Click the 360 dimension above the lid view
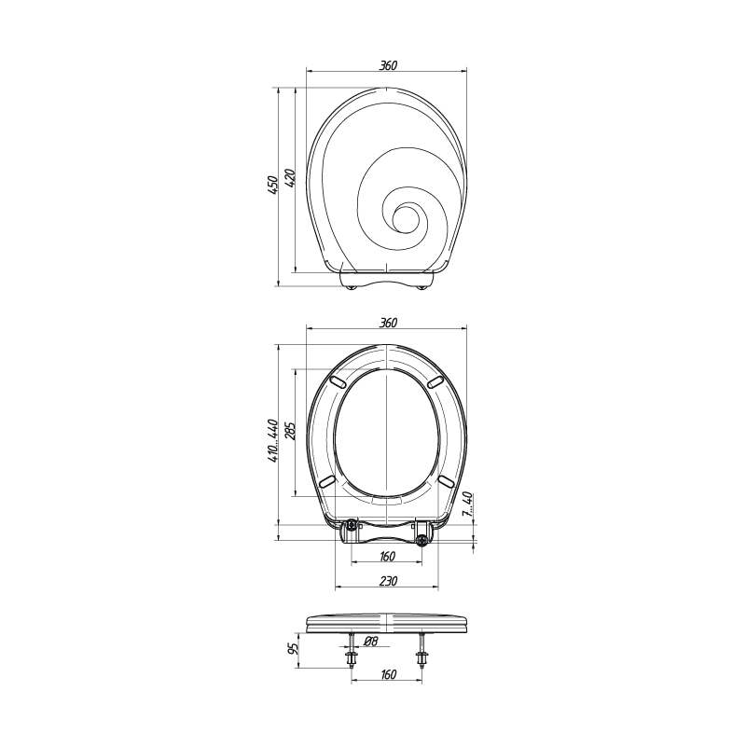(x=388, y=65)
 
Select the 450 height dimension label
(x=273, y=185)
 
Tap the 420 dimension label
(x=292, y=177)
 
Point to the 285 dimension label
(x=291, y=431)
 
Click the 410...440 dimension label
(x=272, y=441)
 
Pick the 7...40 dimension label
(x=467, y=505)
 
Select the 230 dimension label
(x=388, y=580)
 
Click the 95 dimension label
(x=294, y=647)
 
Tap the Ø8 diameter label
(x=370, y=642)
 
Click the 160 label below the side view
(x=388, y=674)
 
